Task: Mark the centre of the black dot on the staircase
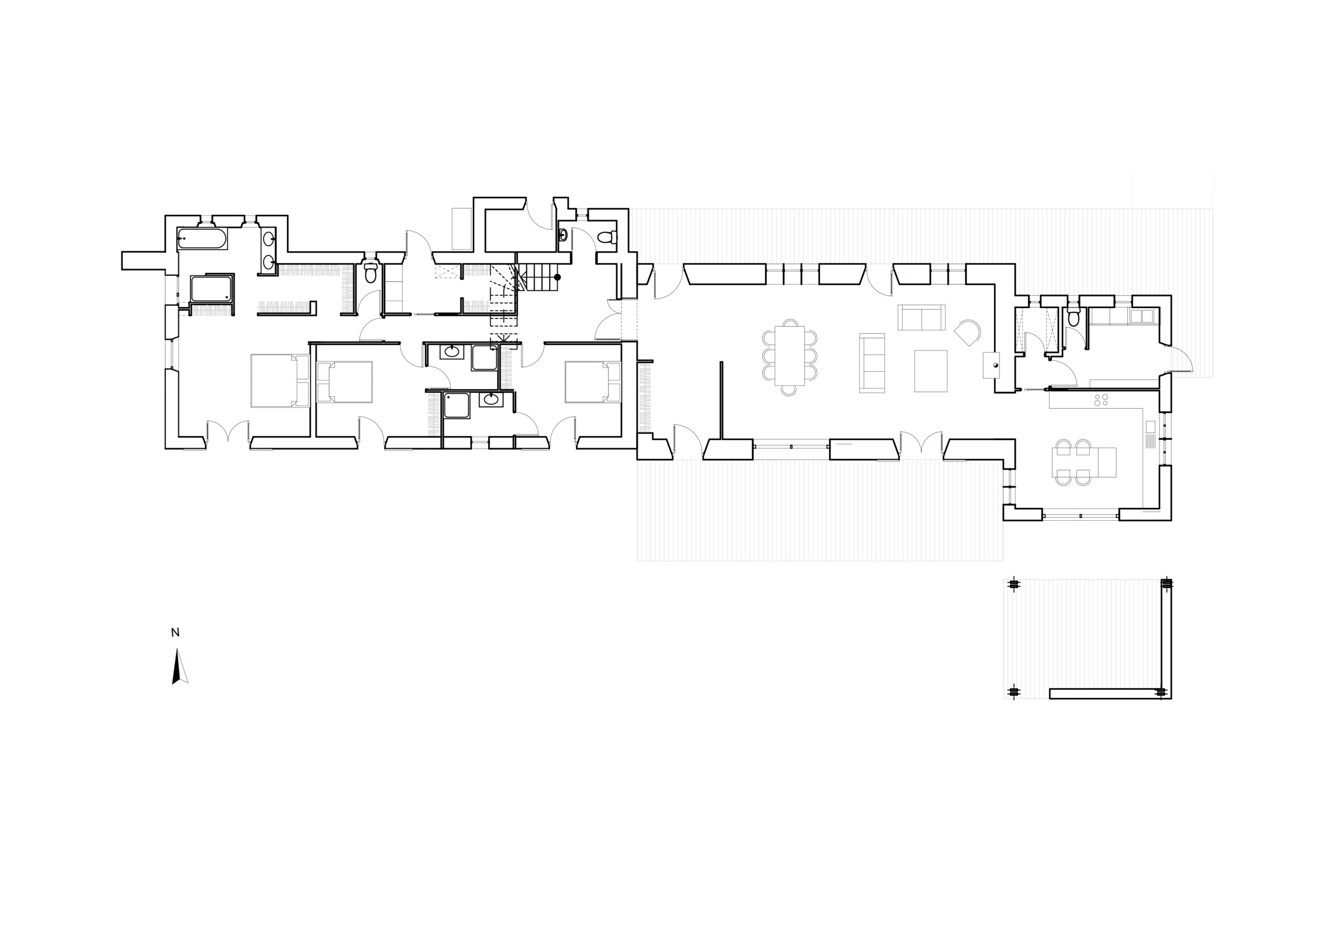[x=557, y=277]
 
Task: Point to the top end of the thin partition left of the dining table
[x=721, y=361]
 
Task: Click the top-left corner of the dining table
[x=775, y=326]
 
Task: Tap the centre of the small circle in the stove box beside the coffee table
[x=995, y=364]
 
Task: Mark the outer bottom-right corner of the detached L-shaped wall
[x=1171, y=698]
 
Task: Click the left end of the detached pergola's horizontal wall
[x=1050, y=693]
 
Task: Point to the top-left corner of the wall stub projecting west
[x=122, y=252]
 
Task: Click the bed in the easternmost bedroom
[x=592, y=382]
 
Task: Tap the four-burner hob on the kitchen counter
[x=1102, y=400]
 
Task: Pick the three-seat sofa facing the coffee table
[x=872, y=363]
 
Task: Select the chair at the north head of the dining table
[x=790, y=323]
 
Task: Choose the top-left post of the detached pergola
[x=1013, y=585]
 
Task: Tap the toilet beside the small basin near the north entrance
[x=606, y=236]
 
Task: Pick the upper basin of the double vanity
[x=269, y=237]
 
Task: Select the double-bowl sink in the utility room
[x=1142, y=316]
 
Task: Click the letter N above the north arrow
[x=175, y=633]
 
